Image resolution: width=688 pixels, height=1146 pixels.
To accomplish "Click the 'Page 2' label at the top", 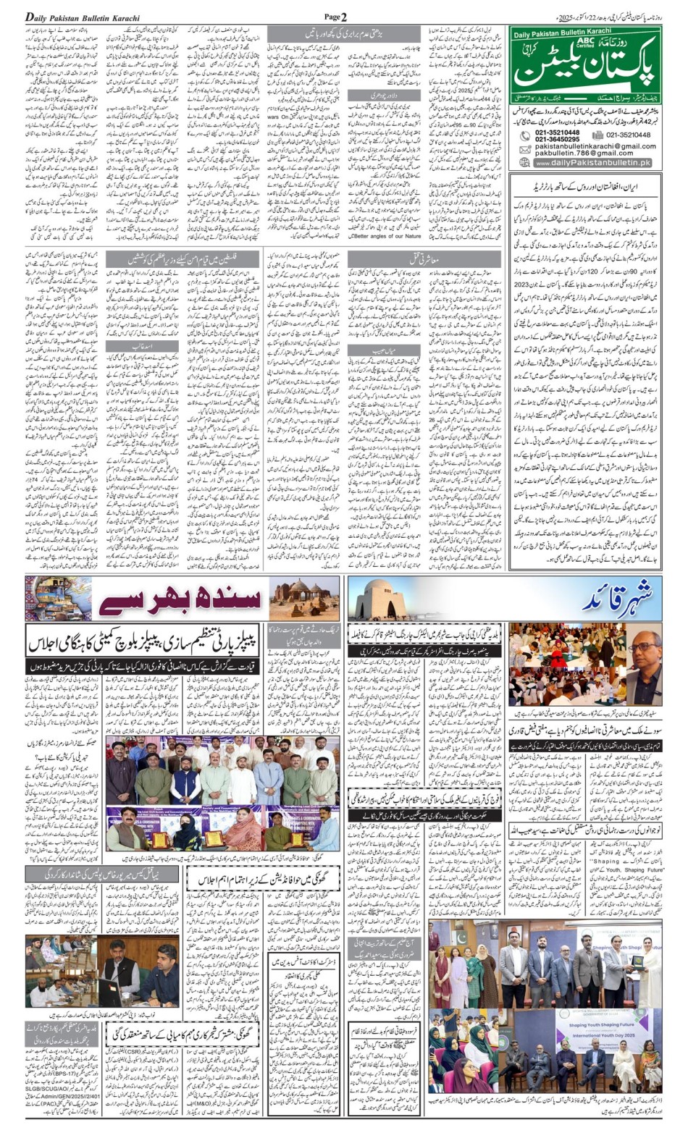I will click(x=335, y=16).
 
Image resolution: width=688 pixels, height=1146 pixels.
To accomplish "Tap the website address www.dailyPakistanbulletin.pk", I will click(x=592, y=164).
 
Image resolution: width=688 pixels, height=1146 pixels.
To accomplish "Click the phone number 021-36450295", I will click(x=557, y=140).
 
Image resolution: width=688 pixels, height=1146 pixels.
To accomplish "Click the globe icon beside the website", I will click(x=526, y=164).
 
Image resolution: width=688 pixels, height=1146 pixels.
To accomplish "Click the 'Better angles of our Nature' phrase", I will click(x=387, y=235).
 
